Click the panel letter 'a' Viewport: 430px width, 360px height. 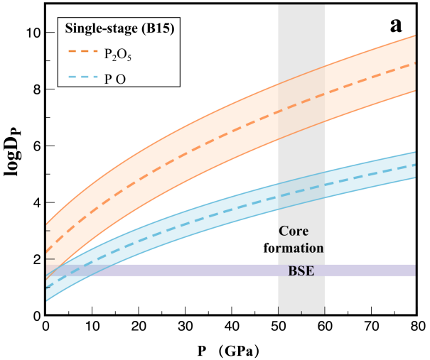pos(397,25)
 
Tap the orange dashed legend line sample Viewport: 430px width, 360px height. pos(82,52)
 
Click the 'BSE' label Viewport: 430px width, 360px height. pos(301,271)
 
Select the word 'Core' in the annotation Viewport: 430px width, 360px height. pos(296,231)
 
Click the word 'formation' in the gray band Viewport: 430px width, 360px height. pos(301,248)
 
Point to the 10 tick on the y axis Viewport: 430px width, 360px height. pos(31,33)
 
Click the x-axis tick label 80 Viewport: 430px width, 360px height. pos(417,327)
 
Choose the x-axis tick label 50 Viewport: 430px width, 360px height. pos(278,327)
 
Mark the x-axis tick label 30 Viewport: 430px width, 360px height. pos(185,327)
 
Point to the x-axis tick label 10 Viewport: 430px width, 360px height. pos(92,327)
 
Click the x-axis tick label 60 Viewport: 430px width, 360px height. pos(324,327)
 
